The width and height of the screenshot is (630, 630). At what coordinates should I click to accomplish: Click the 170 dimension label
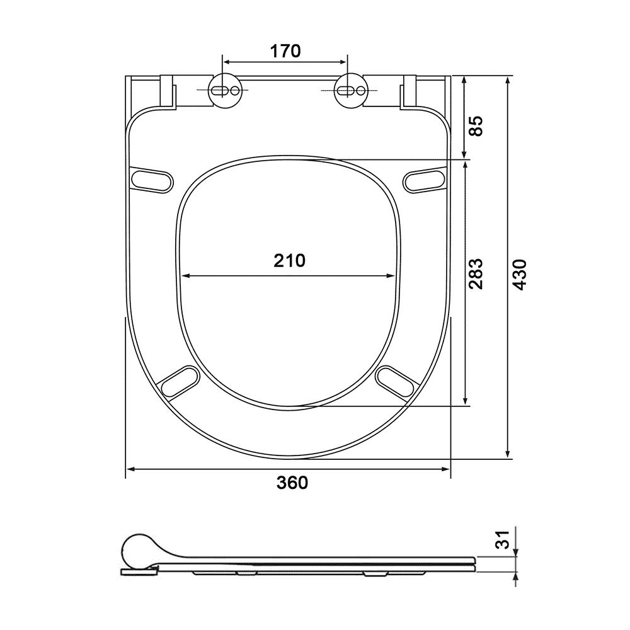click(x=285, y=51)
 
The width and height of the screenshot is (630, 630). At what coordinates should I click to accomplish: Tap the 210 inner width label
click(x=289, y=261)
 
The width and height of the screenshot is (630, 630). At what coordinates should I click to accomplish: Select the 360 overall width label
click(x=292, y=483)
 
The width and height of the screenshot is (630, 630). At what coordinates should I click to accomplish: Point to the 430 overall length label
click(x=520, y=275)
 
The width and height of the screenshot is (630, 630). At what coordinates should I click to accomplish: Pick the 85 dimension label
click(x=476, y=126)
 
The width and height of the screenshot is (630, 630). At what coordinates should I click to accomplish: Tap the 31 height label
click(x=502, y=540)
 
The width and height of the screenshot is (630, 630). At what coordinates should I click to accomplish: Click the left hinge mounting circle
click(x=226, y=91)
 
